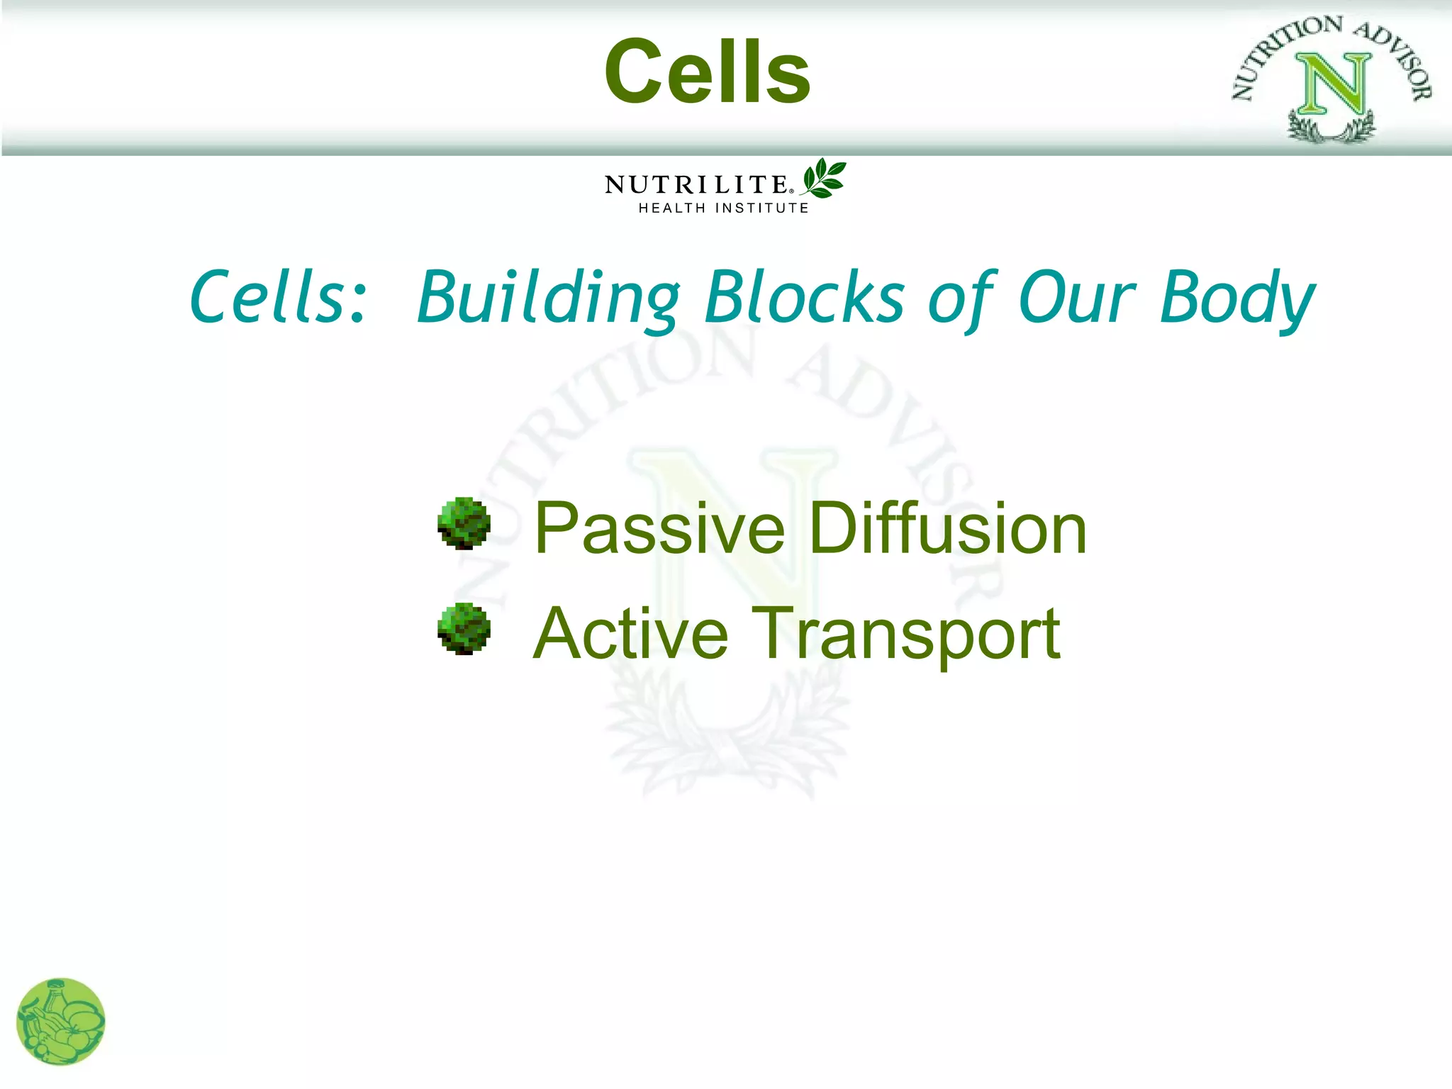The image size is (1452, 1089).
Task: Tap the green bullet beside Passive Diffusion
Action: [464, 523]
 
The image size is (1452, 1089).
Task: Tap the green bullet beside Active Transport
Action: [464, 629]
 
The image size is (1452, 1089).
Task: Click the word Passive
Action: [659, 529]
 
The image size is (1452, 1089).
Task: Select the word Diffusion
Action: [947, 529]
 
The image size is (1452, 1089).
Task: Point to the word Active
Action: [630, 634]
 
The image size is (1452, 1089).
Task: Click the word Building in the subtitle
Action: [548, 298]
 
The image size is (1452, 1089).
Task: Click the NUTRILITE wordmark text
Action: [696, 185]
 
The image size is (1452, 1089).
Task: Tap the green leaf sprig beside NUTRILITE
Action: [824, 178]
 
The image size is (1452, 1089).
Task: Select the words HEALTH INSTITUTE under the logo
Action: [723, 208]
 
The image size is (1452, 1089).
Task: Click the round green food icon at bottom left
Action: [61, 1022]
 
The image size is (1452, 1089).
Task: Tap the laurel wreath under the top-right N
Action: [1331, 128]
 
